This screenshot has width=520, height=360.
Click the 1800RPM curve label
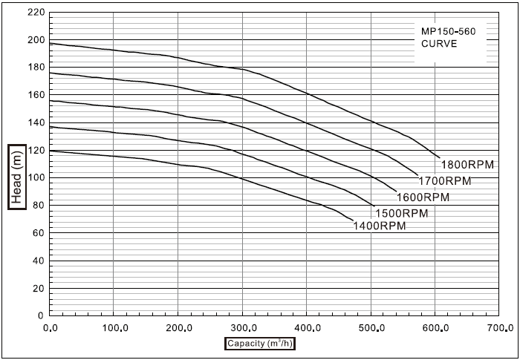pos(467,165)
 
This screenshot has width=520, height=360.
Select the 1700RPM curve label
pos(446,181)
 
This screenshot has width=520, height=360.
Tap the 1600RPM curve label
pos(423,197)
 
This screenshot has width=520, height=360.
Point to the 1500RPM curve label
pos(402,213)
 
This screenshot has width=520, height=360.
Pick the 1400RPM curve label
pos(380,226)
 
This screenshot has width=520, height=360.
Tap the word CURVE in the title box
pos(435,44)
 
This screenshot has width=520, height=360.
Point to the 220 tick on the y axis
pos(35,13)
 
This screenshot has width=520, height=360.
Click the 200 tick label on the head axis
pos(35,40)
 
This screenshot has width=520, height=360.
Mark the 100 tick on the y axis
pos(35,177)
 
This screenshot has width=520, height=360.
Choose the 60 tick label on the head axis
pos(38,232)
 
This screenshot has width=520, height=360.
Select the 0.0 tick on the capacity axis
pos(51,327)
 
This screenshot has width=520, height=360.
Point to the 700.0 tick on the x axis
pos(500,327)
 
